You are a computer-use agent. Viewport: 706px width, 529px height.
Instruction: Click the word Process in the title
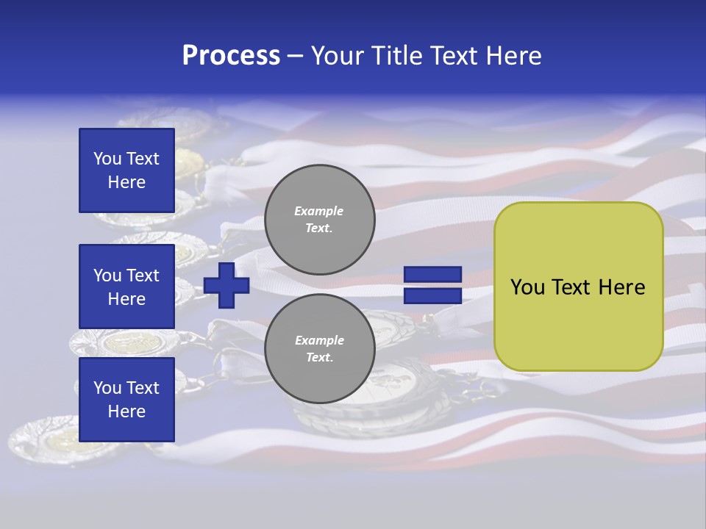coord(231,56)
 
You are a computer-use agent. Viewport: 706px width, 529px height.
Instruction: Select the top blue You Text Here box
coord(126,170)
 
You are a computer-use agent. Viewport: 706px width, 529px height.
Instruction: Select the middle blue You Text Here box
coord(126,287)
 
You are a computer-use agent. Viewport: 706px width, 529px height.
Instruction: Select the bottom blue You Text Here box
coord(126,400)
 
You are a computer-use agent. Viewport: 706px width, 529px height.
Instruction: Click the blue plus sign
coord(227,285)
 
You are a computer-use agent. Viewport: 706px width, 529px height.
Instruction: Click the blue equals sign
coord(432,285)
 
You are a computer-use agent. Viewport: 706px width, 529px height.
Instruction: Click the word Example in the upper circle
coord(319,211)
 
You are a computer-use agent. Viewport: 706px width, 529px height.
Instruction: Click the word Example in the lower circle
coord(319,340)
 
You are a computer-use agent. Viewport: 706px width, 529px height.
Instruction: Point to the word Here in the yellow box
coord(621,287)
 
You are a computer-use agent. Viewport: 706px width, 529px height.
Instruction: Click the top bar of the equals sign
coord(432,275)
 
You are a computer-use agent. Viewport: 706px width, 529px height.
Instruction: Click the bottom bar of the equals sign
coord(432,295)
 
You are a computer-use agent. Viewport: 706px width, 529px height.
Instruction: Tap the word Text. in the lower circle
coord(319,358)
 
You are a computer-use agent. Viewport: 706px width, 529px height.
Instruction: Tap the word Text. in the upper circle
coord(319,228)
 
